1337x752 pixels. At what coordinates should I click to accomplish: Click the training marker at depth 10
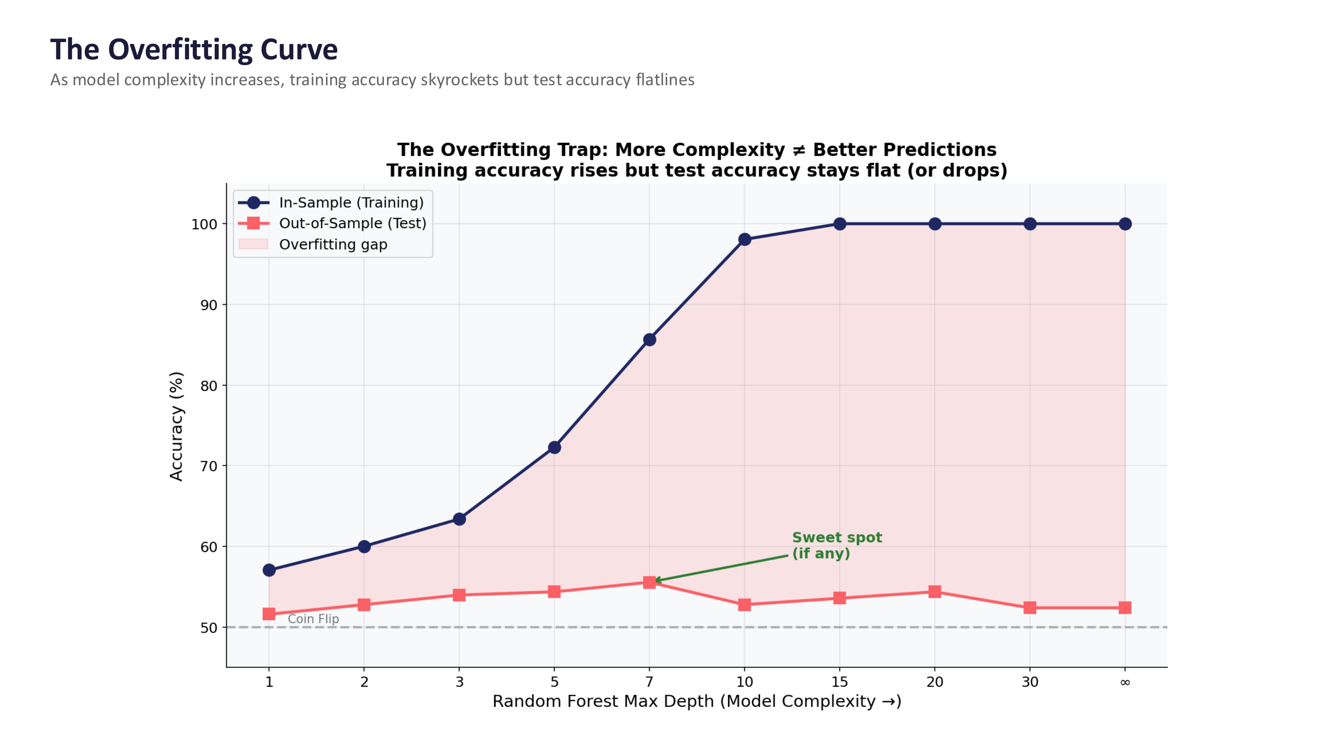tap(744, 239)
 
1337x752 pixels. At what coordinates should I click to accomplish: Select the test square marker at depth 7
tap(649, 582)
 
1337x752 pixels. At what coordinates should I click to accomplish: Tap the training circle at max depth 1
tap(269, 570)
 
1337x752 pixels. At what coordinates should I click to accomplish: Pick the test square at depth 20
tap(934, 592)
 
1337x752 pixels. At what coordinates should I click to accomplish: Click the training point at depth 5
tap(554, 447)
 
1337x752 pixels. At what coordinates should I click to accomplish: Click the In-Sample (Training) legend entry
tap(351, 202)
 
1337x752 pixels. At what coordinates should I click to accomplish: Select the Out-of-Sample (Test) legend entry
tap(352, 223)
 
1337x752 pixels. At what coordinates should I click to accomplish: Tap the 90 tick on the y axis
tap(208, 305)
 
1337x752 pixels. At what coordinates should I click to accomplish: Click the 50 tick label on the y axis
tap(208, 628)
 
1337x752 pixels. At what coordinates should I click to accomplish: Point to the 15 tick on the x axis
tap(839, 682)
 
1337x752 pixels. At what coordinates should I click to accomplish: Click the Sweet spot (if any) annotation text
tap(836, 546)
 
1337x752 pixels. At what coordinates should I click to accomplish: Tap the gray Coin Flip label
tap(313, 619)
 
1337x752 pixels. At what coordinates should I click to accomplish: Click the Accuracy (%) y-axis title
tap(176, 426)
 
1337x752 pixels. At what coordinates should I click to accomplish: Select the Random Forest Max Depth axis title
tap(696, 701)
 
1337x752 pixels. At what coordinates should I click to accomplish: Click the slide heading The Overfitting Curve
tap(193, 50)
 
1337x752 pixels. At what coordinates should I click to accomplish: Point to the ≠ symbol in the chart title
tap(799, 150)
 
